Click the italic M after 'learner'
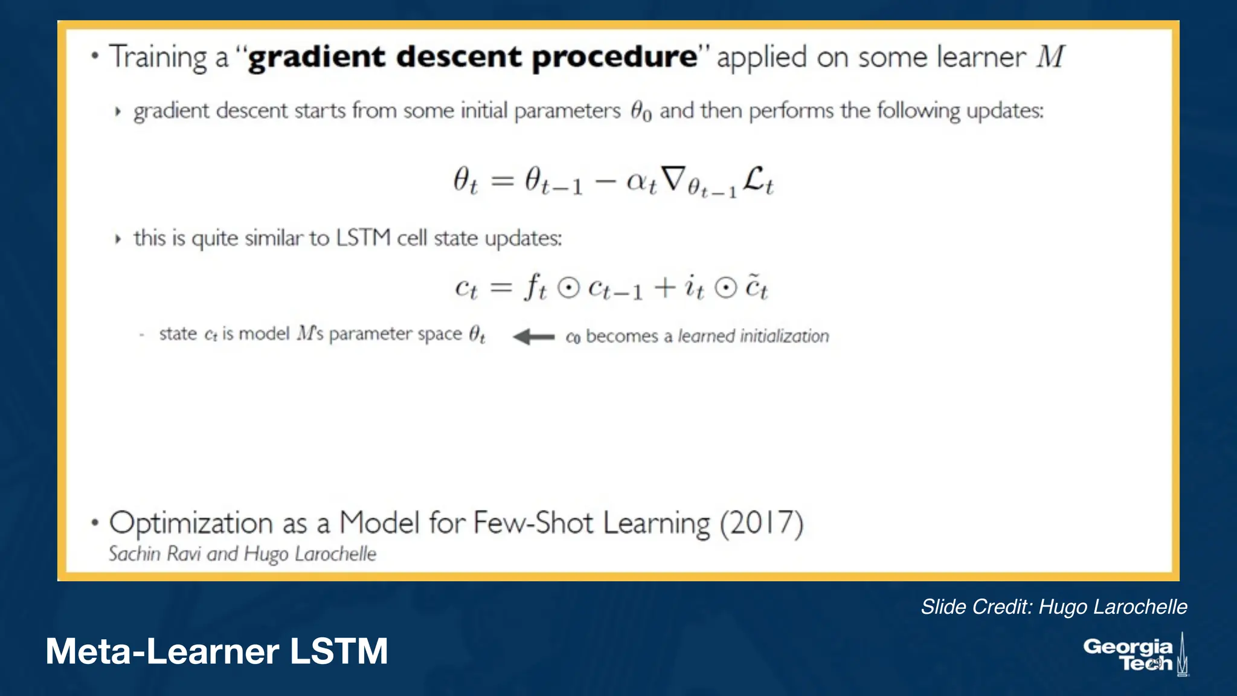(x=1050, y=57)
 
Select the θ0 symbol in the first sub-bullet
(x=641, y=111)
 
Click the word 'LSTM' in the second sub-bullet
(x=363, y=237)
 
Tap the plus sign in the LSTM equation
(x=664, y=287)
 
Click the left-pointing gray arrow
(x=533, y=337)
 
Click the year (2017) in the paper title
(x=761, y=523)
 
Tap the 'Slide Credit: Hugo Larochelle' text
(x=1053, y=607)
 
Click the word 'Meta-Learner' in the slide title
(x=162, y=651)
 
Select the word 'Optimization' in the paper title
(x=191, y=523)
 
